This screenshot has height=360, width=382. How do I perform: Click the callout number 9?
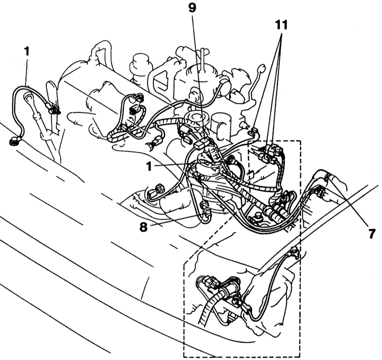[x=192, y=8]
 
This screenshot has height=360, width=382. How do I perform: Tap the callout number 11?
[x=281, y=25]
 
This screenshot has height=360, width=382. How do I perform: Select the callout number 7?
[x=372, y=234]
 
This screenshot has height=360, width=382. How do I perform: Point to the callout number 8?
[x=144, y=227]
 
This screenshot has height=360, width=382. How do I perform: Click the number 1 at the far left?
[x=26, y=51]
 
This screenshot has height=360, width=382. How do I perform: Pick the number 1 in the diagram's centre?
[x=149, y=167]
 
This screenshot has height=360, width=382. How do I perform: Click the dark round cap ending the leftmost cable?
[x=13, y=141]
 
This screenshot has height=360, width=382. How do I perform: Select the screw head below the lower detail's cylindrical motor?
[x=235, y=301]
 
